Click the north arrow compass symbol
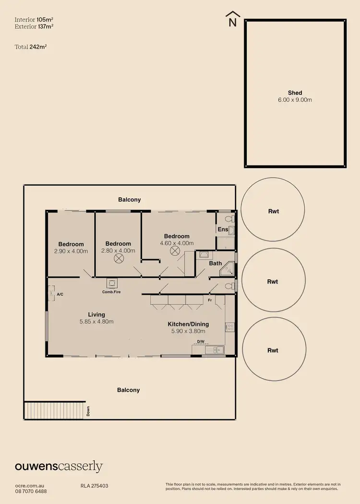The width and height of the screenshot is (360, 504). (x=233, y=18)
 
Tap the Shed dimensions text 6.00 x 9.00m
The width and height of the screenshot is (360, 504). (x=295, y=100)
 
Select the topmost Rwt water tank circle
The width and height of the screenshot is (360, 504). (x=273, y=211)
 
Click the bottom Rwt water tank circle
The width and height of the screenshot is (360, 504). (x=273, y=350)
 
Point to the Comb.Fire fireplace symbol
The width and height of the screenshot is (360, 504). (x=110, y=284)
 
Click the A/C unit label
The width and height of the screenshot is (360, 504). (x=60, y=294)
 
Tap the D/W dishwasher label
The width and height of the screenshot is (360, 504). (x=200, y=342)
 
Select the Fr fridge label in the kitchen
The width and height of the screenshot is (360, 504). (x=210, y=300)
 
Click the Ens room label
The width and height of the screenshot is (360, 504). (x=223, y=230)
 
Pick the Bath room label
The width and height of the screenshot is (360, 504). (x=215, y=263)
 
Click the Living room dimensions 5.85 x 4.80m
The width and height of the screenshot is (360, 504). (x=96, y=322)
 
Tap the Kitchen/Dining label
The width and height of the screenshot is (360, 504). (x=188, y=324)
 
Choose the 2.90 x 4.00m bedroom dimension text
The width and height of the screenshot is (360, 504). (x=71, y=251)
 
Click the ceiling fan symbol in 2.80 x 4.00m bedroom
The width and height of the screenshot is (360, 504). (x=118, y=258)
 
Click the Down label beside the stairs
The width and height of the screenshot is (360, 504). (x=88, y=411)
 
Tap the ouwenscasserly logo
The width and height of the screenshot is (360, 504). (x=59, y=466)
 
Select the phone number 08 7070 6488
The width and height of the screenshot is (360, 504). (x=31, y=491)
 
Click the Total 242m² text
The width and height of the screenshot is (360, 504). (x=30, y=47)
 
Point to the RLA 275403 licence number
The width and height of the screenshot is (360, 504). (x=95, y=486)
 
